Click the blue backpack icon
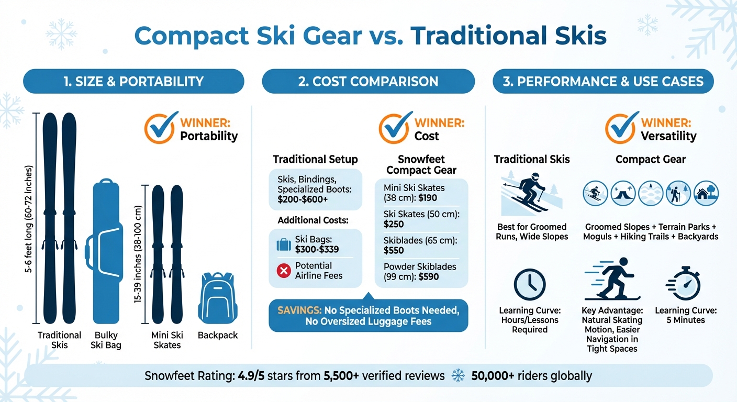(217, 298)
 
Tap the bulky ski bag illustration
(105, 251)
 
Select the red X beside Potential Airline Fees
(284, 271)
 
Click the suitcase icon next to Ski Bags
(284, 245)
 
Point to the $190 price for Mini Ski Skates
(428, 198)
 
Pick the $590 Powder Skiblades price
(428, 277)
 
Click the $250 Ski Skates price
(394, 225)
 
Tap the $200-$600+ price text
(303, 199)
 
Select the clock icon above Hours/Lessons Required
(529, 285)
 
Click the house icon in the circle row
(706, 194)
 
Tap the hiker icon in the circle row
(678, 194)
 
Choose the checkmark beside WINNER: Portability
(161, 128)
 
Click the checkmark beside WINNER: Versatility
(621, 128)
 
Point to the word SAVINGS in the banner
(299, 310)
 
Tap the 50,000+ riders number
(493, 376)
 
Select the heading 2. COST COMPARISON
(368, 81)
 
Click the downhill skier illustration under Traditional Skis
(530, 193)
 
